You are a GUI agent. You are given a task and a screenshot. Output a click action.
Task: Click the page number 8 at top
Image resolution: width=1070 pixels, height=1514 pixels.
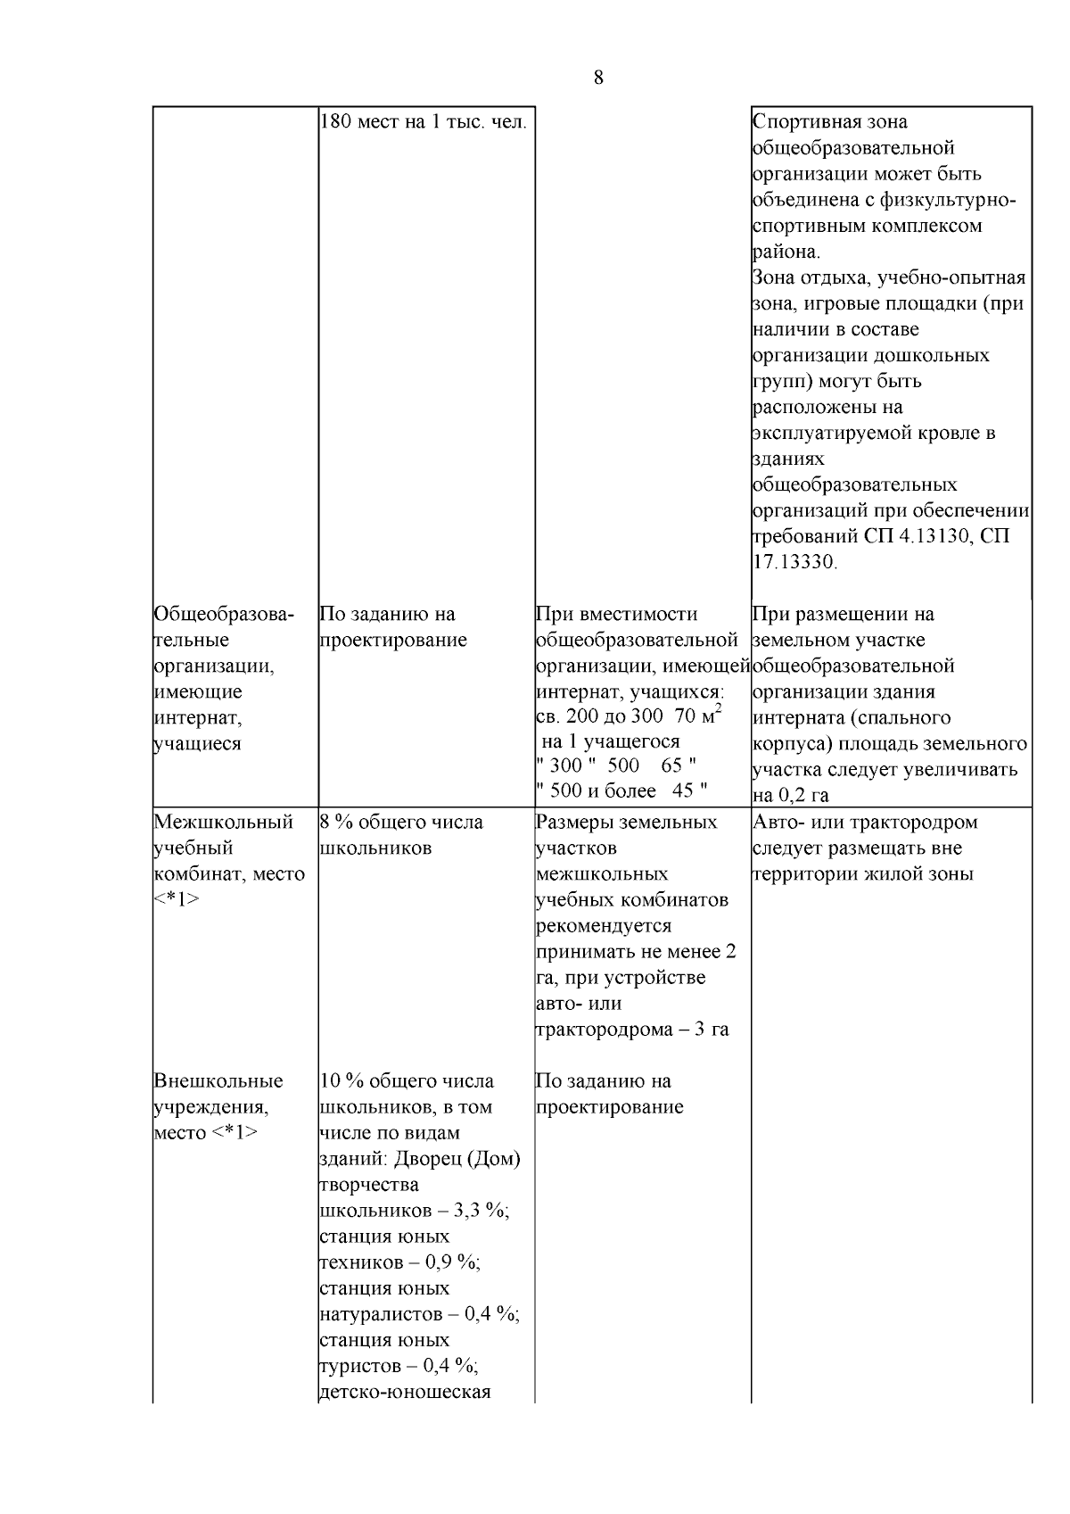[597, 78]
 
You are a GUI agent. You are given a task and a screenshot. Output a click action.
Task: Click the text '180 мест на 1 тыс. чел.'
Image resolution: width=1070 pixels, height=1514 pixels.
[423, 121]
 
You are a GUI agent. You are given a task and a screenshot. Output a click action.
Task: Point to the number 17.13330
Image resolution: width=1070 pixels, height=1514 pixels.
[794, 563]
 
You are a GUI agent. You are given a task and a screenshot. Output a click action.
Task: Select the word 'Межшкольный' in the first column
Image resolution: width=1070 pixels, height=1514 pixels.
[223, 822]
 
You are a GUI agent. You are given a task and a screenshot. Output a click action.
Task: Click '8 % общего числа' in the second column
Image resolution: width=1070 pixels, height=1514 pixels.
[401, 822]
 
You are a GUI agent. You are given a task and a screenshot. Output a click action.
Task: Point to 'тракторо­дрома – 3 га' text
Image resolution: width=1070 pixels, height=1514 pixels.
[631, 1030]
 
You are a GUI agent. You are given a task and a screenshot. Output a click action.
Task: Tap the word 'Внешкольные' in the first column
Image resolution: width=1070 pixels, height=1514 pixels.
[218, 1081]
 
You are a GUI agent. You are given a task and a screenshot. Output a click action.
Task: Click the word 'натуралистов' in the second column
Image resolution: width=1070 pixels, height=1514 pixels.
[381, 1314]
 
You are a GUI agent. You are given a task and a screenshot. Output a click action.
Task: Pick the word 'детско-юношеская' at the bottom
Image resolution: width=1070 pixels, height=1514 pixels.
[405, 1392]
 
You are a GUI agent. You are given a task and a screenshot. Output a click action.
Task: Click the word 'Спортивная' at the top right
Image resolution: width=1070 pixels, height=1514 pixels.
[804, 121]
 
